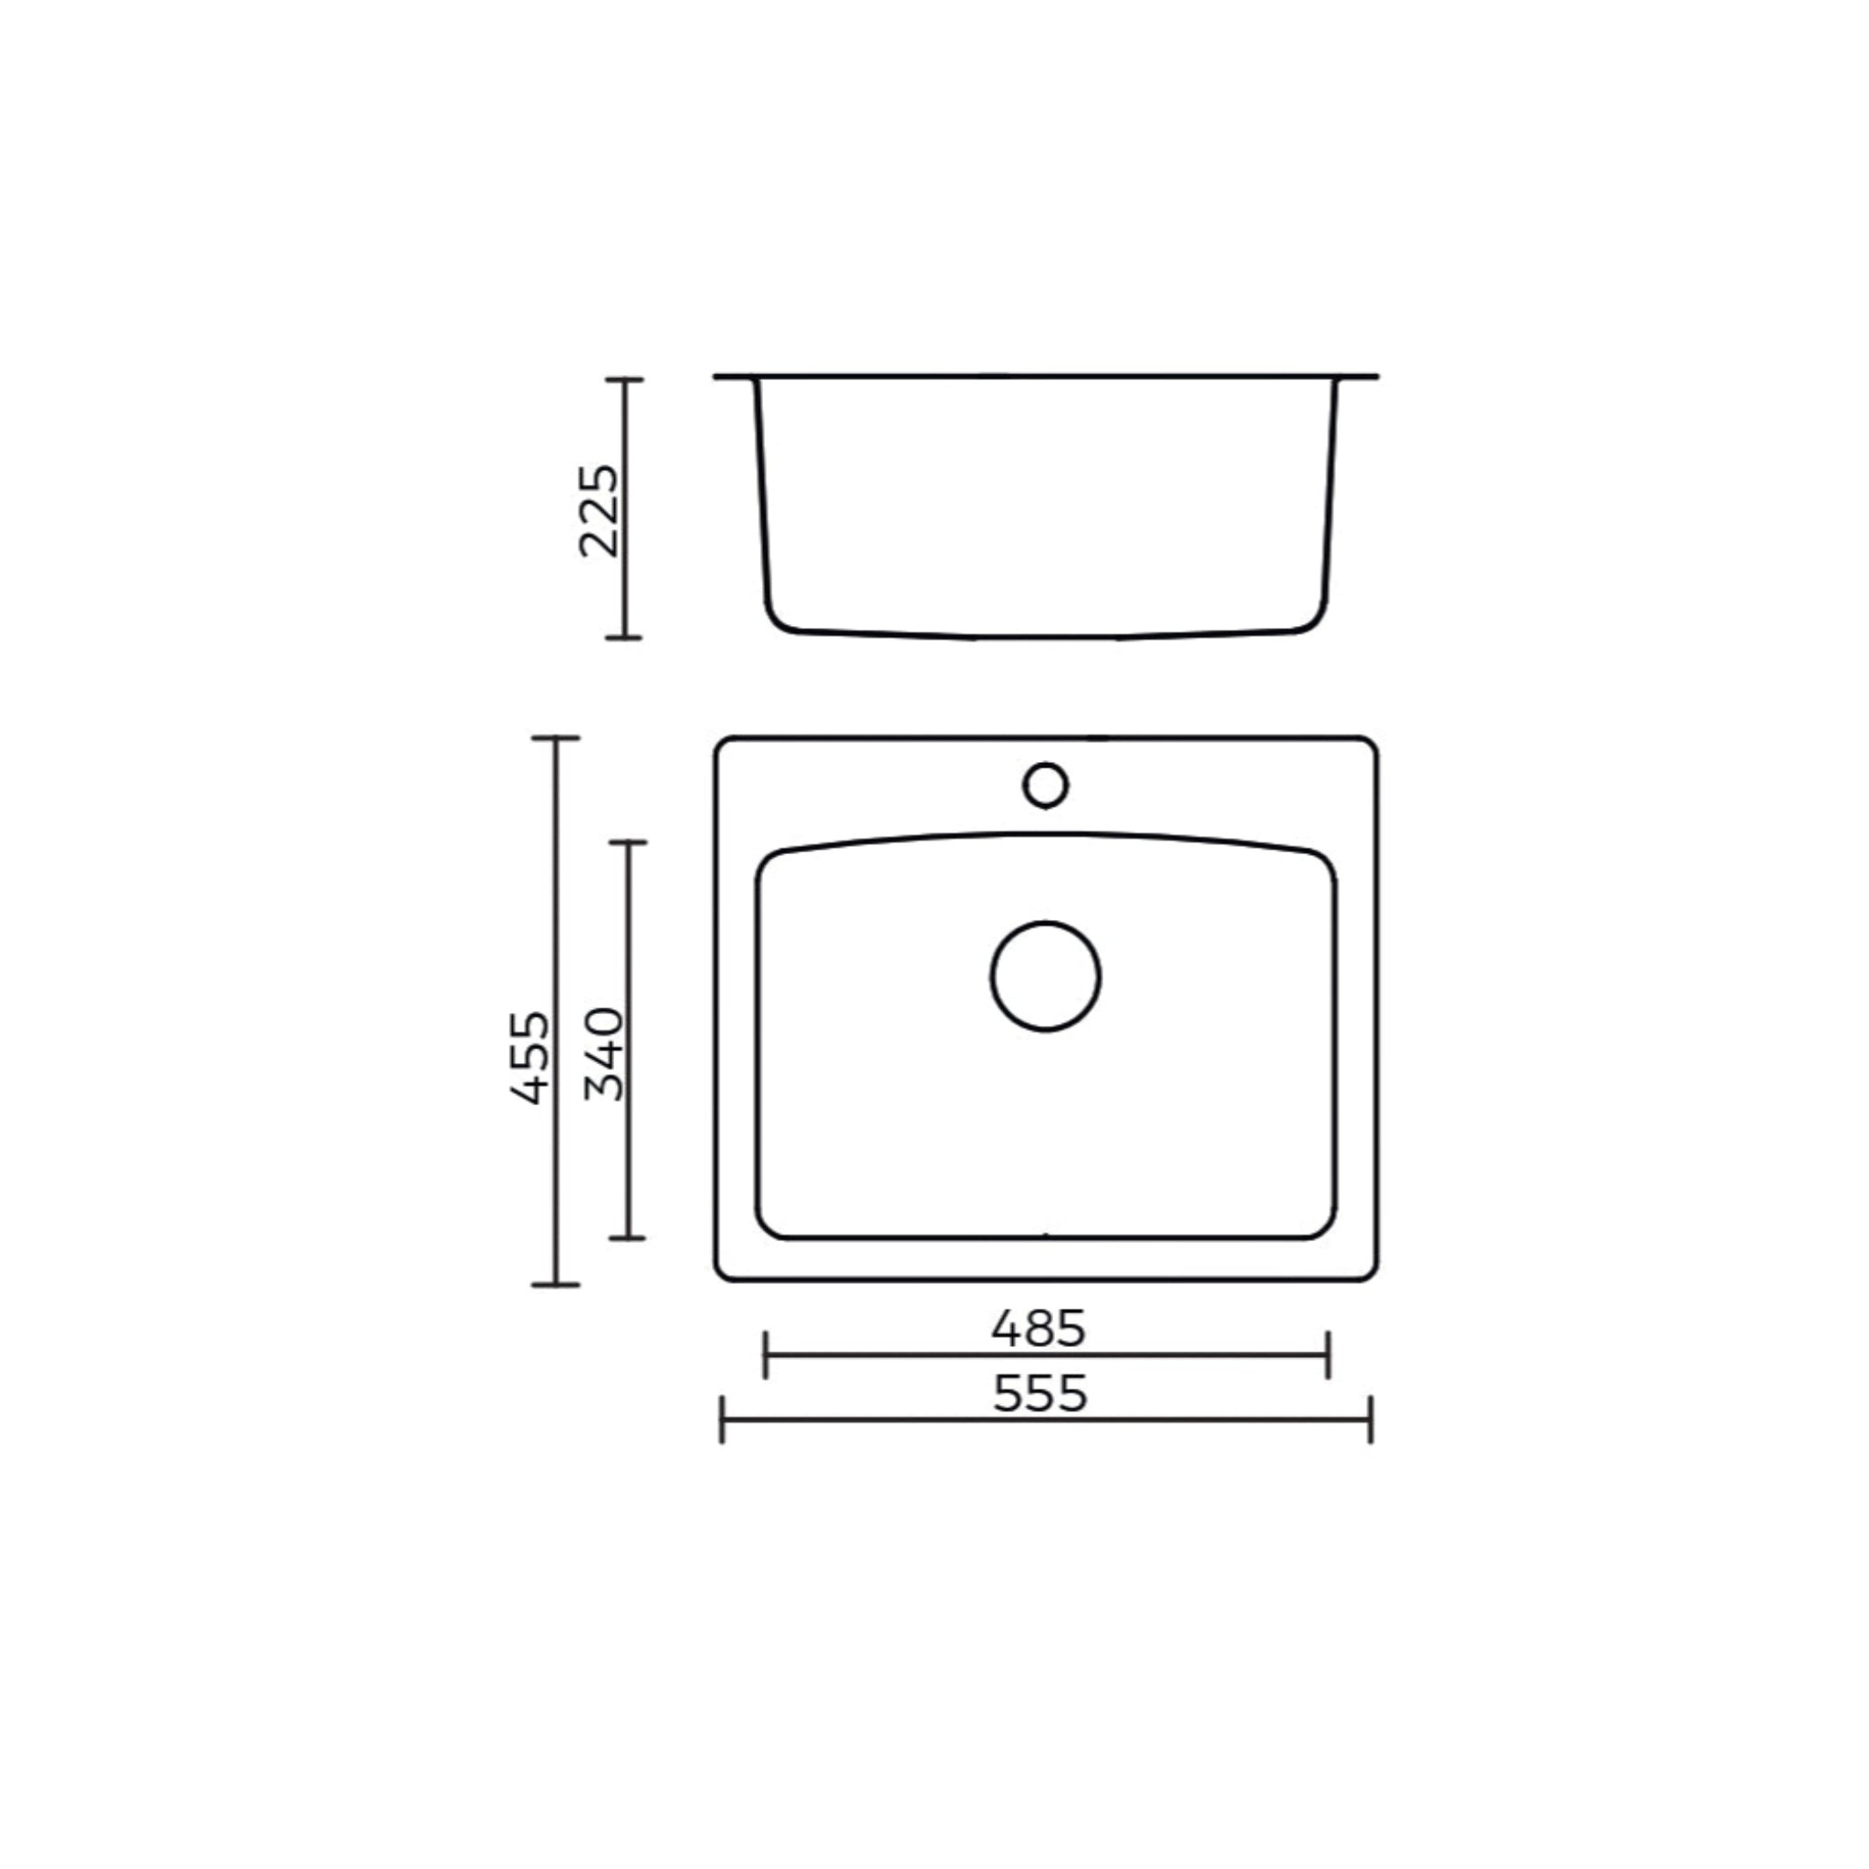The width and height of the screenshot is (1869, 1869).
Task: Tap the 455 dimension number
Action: [x=530, y=1058]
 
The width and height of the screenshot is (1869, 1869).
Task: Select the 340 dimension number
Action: [x=606, y=1053]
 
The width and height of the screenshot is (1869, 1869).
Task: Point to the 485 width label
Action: [x=1038, y=1329]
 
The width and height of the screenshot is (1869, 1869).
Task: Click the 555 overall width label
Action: [x=1040, y=1394]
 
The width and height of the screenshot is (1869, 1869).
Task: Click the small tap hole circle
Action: [x=1045, y=786]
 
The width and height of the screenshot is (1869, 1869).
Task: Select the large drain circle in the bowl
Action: [x=1045, y=976]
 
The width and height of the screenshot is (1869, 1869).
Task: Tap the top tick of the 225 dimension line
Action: [x=624, y=381]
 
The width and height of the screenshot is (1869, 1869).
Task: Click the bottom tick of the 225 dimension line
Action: [x=624, y=638]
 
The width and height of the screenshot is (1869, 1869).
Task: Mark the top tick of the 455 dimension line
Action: [x=555, y=738]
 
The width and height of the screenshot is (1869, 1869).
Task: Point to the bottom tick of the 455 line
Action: [x=555, y=1285]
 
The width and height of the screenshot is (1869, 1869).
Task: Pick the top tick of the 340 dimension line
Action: [x=628, y=842]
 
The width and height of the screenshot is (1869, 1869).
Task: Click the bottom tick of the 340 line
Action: [x=628, y=1237]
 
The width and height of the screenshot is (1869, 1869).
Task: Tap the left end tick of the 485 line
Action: [x=765, y=1354]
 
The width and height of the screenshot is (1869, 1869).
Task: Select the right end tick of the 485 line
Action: [x=1328, y=1354]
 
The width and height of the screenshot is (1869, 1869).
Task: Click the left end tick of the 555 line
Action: [x=723, y=1419]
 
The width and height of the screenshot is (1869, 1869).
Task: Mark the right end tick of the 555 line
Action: [x=1371, y=1419]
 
